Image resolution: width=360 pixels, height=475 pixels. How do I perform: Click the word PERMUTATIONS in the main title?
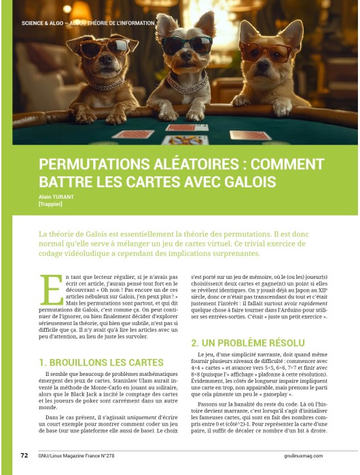pos(92,166)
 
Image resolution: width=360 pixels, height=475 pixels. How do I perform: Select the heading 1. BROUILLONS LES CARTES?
pos(101,362)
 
